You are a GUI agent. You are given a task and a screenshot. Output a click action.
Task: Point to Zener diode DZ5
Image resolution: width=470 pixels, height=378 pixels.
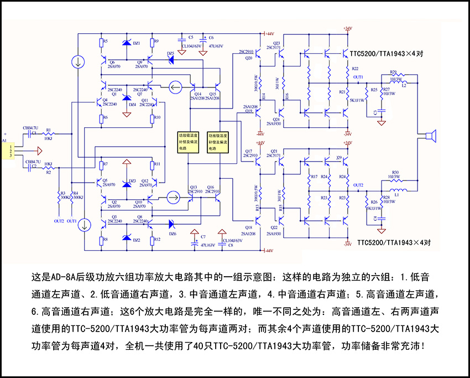tap(171, 59)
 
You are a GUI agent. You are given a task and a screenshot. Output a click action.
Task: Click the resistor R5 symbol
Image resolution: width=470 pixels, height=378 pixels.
tap(101, 42)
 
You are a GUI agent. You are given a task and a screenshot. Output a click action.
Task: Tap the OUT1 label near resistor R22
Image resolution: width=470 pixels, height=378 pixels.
tap(358, 76)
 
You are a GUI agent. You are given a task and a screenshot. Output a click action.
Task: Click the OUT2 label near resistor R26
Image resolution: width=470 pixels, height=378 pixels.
tap(358, 185)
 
